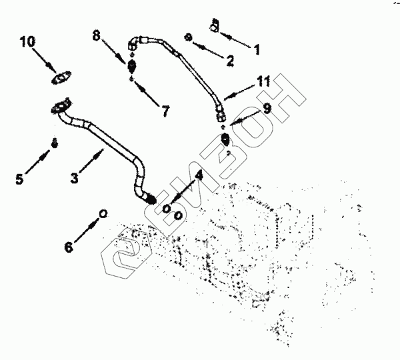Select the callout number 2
[229, 61]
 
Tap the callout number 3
[75, 179]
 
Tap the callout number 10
[28, 42]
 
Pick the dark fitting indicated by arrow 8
[132, 65]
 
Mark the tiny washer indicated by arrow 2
[189, 37]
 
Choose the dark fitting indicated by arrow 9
[226, 140]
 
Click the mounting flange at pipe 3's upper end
[61, 105]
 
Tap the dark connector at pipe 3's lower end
[151, 197]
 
